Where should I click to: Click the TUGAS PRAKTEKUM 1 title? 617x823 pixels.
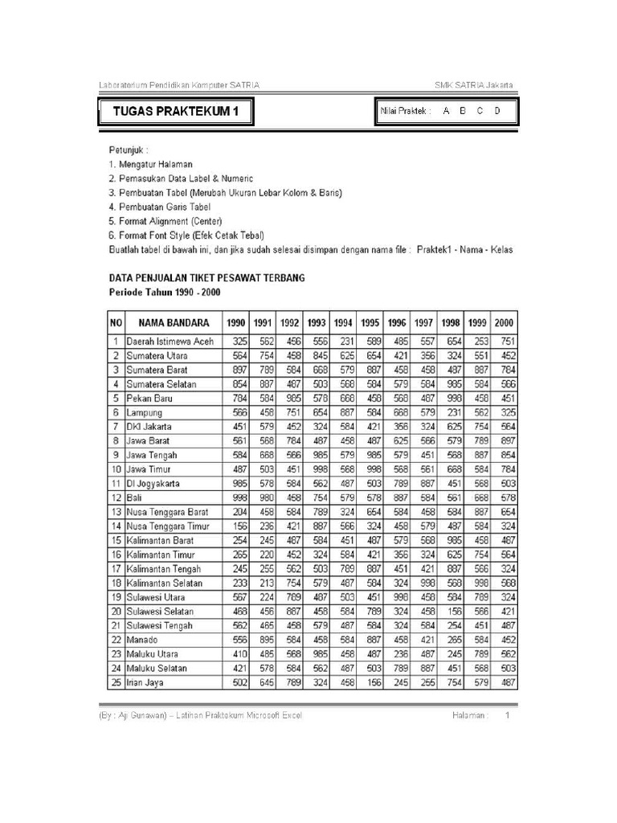click(x=176, y=112)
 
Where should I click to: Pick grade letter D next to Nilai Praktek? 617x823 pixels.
click(x=497, y=112)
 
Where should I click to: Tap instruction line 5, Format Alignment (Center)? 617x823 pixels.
click(x=165, y=220)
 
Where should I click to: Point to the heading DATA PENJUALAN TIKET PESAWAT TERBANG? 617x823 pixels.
click(x=206, y=277)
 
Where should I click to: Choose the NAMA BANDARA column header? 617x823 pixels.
click(x=174, y=322)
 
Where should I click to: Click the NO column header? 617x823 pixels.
click(x=116, y=322)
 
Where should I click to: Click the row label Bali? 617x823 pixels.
click(x=133, y=497)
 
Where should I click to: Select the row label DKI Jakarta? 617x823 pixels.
click(x=149, y=426)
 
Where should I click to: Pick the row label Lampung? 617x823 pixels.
click(x=144, y=412)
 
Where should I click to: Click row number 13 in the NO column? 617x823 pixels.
click(x=116, y=512)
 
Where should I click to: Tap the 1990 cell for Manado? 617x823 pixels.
click(x=237, y=641)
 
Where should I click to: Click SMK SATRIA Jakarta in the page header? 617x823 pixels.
click(x=475, y=85)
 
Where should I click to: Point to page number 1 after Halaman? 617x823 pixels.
click(x=507, y=714)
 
